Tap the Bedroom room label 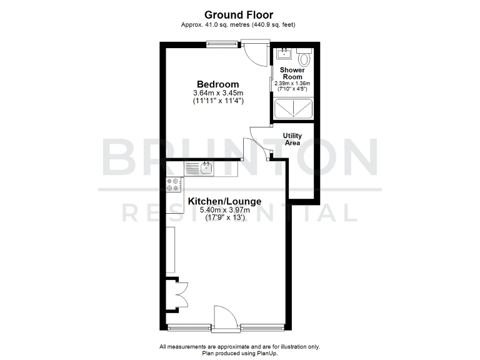click(217, 84)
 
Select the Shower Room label click(292, 73)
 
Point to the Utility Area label click(292, 139)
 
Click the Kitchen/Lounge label click(224, 201)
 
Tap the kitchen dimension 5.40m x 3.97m click(224, 210)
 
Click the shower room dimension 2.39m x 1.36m click(292, 83)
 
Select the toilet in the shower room click(304, 58)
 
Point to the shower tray click(292, 109)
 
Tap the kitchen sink click(204, 167)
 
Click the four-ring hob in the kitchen click(174, 185)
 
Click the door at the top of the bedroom click(255, 52)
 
